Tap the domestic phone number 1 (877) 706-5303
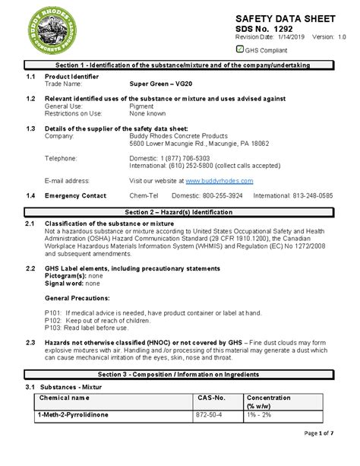178,158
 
